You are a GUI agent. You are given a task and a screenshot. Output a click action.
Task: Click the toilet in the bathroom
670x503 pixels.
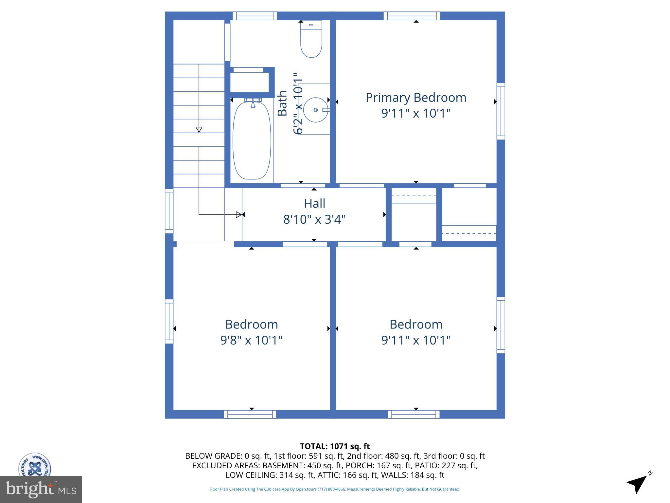[x=311, y=39]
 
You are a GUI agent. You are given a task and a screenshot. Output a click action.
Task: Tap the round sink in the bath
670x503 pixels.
[x=316, y=110]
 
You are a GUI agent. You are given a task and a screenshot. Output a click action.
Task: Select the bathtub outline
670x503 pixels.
[x=252, y=141]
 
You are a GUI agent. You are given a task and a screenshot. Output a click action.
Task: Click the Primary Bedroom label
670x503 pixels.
[x=416, y=98]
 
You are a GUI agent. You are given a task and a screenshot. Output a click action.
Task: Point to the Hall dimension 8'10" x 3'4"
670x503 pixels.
[x=314, y=219]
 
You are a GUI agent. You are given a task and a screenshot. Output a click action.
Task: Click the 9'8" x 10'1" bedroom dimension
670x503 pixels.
[x=251, y=340]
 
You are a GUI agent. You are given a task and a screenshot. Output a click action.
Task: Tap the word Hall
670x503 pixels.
[x=314, y=203]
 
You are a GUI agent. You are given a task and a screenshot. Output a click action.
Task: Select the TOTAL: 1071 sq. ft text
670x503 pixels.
[x=335, y=446]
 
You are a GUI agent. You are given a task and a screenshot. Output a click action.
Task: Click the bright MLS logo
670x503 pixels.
[x=41, y=489]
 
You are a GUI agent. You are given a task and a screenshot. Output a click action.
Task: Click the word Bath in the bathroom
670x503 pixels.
[x=282, y=103]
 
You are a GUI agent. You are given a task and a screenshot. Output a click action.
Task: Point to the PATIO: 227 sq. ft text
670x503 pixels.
[x=459, y=465]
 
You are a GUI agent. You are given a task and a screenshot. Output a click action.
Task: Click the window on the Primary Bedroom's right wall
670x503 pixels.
[x=501, y=110]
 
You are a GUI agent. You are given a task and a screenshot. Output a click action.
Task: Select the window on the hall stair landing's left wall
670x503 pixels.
[x=169, y=211]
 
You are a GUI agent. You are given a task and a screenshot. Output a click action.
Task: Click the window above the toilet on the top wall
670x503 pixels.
[x=255, y=16]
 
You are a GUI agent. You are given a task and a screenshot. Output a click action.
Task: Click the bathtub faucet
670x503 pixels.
[x=253, y=104]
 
